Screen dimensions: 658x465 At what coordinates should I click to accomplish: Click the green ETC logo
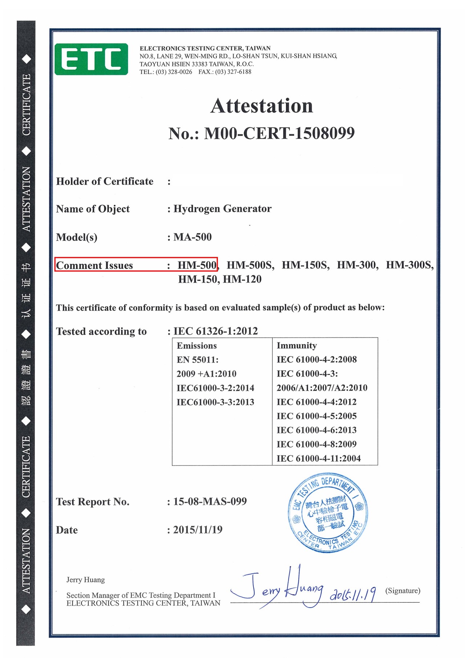91,59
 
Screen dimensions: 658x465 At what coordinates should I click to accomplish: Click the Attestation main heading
262,106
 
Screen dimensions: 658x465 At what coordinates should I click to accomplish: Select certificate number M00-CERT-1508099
279,133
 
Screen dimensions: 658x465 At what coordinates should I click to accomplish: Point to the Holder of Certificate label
105,181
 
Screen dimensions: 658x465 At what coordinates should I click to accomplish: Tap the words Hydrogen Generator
222,209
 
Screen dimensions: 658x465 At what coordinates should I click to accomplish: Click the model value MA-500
193,237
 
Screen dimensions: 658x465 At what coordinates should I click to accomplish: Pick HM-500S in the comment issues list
250,265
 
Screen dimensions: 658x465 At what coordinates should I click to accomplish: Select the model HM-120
242,279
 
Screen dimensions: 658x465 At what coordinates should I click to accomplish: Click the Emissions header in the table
197,346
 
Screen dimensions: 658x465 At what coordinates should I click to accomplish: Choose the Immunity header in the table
296,346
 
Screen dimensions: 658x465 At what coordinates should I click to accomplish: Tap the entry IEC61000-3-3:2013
215,402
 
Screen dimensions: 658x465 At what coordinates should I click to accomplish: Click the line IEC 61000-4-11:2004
318,459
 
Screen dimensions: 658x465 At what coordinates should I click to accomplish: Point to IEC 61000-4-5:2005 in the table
316,416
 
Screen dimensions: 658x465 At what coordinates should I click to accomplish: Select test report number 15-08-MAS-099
210,501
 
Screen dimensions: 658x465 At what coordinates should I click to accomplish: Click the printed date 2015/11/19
198,530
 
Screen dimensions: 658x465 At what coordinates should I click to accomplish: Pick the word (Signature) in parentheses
403,590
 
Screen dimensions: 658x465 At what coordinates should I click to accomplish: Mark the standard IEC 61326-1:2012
215,331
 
